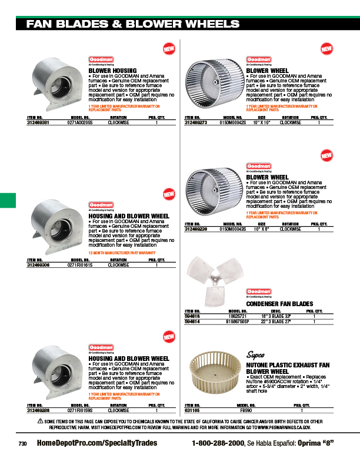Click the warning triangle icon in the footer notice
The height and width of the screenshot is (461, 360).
pos(41,421)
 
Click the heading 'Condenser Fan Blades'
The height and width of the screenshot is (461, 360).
pos(279,303)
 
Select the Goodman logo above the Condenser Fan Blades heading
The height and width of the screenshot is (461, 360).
pos(258,291)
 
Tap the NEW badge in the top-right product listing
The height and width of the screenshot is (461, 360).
pos(326,48)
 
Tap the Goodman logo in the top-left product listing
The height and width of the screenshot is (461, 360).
pos(101,60)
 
